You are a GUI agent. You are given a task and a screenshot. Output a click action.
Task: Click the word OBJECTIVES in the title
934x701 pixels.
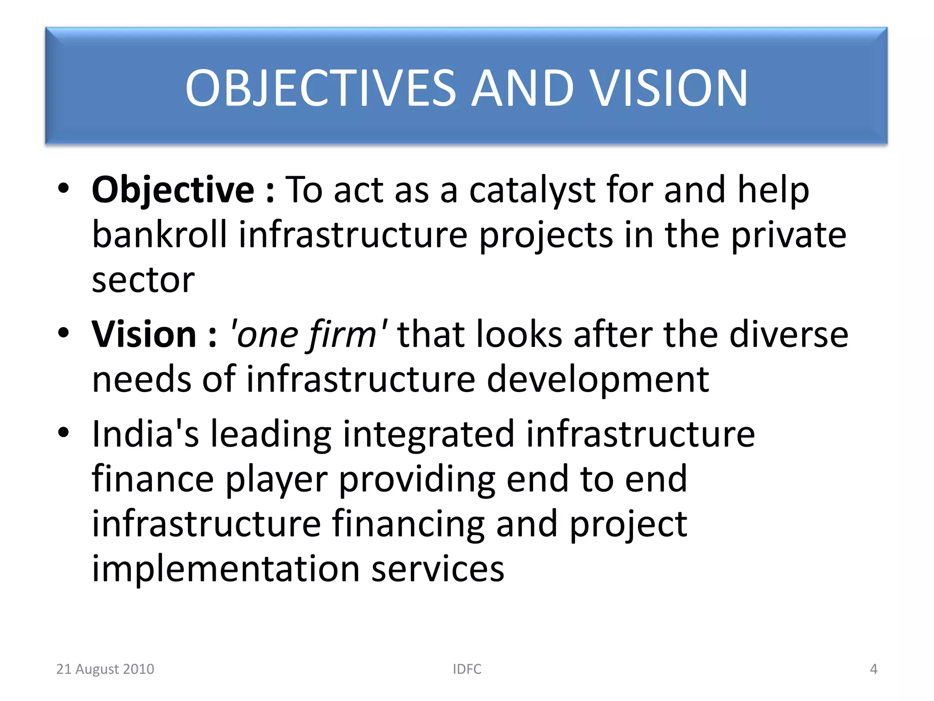point(320,88)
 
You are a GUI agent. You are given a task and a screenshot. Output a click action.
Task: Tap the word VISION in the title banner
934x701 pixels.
point(669,88)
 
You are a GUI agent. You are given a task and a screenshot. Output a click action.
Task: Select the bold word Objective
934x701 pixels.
point(173,190)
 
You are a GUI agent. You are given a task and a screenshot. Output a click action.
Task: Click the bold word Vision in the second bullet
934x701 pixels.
point(144,335)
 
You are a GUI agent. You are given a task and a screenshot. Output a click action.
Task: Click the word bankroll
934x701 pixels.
point(159,235)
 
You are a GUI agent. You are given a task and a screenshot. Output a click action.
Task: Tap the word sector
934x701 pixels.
point(143,280)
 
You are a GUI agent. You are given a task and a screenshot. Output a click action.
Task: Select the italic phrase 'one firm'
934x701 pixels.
point(309,335)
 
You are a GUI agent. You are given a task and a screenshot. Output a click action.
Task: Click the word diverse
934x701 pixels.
point(789,335)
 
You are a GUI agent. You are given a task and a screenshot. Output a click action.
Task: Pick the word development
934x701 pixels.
point(597,379)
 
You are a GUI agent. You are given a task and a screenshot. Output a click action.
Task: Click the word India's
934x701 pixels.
point(145,434)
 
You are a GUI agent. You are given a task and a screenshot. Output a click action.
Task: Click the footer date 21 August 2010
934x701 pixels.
point(105,669)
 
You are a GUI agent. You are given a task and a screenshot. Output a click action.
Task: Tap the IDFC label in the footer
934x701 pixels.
point(467,669)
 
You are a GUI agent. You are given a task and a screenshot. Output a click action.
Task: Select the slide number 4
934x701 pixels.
point(873,669)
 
